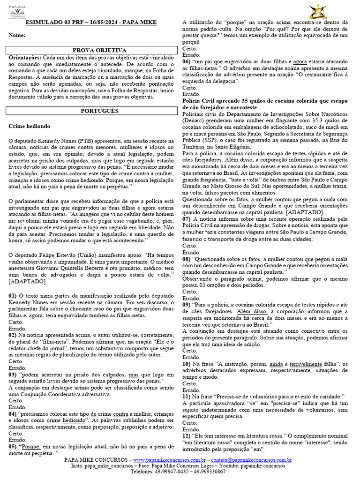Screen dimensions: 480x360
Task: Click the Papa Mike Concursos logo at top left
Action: tap(17, 10)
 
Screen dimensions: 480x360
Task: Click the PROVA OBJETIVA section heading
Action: tap(93, 50)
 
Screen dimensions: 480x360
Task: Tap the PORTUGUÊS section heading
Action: tap(93, 111)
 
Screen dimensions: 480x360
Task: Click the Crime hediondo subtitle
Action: tap(29, 127)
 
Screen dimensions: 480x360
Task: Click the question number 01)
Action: tap(13, 296)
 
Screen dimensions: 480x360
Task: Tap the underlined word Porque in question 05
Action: tap(32, 447)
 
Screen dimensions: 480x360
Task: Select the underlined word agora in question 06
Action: tap(300, 61)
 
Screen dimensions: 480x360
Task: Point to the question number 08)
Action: tap(187, 258)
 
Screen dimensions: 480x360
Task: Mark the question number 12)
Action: tap(187, 436)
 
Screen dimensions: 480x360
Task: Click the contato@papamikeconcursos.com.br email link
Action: tap(251, 460)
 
